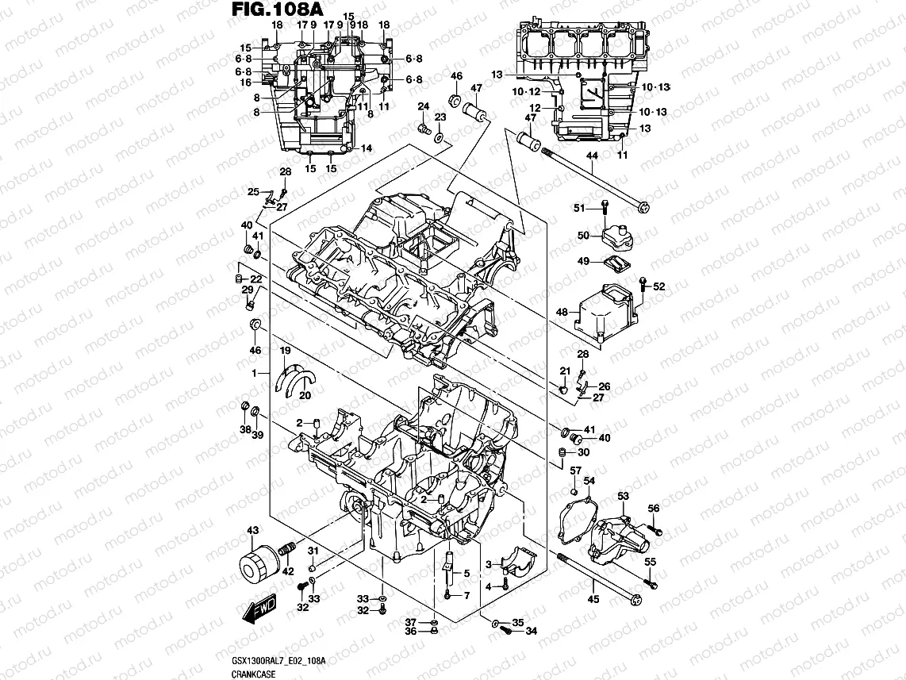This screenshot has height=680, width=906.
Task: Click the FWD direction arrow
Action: point(258,610)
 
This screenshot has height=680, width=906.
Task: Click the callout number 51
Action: point(579,208)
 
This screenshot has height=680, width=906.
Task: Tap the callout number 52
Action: point(658,287)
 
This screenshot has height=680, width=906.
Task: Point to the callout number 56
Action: point(653,509)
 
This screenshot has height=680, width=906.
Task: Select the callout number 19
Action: point(283,351)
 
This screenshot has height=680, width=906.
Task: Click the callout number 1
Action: point(255,373)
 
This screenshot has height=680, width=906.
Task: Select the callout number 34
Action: point(531,632)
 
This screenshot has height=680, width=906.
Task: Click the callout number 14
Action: point(366,148)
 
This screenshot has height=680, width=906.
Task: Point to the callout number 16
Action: point(246,82)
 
